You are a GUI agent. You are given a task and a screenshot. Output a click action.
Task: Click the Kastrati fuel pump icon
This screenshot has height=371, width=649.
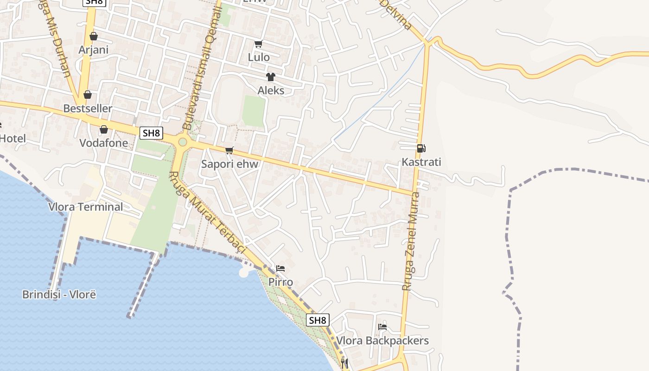(421, 148)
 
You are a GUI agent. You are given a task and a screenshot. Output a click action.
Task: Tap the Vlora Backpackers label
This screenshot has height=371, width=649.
(382, 341)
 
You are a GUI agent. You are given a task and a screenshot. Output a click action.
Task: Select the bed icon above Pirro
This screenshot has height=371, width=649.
(280, 269)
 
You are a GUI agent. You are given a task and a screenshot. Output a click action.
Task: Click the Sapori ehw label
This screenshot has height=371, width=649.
(229, 164)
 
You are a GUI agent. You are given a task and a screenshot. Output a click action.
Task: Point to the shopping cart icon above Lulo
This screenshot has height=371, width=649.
(258, 44)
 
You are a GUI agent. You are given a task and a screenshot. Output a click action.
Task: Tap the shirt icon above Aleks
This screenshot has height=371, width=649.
(271, 77)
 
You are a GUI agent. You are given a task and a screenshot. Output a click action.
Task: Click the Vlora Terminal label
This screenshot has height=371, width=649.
(86, 207)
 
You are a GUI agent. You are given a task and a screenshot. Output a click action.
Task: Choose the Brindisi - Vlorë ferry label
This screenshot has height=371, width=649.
(59, 294)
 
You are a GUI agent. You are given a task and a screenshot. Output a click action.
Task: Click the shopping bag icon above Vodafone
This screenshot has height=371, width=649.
(104, 129)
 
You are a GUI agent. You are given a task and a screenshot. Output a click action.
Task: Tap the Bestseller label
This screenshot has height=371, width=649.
(88, 109)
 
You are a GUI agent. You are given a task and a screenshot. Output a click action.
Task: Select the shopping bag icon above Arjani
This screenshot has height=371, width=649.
(94, 36)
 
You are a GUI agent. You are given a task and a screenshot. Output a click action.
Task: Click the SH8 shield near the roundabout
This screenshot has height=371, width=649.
(151, 133)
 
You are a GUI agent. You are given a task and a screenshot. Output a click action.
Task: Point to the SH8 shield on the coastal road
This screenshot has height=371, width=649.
(318, 320)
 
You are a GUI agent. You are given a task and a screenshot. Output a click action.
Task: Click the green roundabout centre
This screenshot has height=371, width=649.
(183, 142)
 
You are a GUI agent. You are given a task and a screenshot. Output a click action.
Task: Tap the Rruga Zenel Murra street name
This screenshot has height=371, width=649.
(411, 241)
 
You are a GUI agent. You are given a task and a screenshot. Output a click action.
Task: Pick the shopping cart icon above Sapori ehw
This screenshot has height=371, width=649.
(229, 150)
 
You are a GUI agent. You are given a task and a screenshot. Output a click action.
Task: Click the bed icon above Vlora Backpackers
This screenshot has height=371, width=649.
(382, 327)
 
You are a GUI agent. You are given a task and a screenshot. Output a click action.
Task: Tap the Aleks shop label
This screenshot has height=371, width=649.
(271, 90)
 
